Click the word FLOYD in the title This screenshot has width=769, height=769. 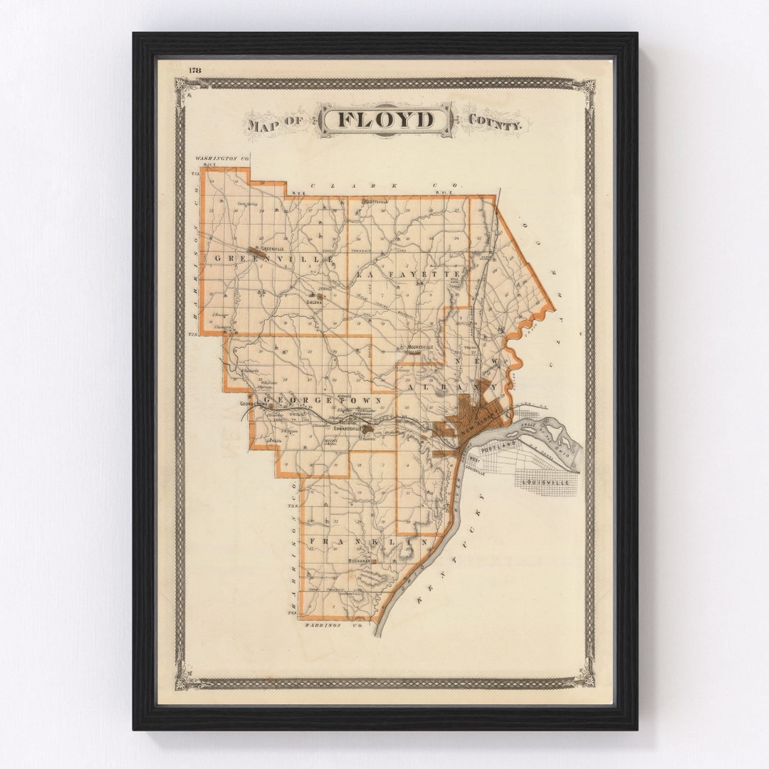pos(384,120)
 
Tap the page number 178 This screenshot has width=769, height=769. pos(194,69)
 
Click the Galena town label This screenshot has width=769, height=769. pos(314,302)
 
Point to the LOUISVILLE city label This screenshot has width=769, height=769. pos(545,482)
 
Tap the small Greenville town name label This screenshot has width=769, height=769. pos(271,249)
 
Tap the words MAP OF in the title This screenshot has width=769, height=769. pos(276,124)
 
